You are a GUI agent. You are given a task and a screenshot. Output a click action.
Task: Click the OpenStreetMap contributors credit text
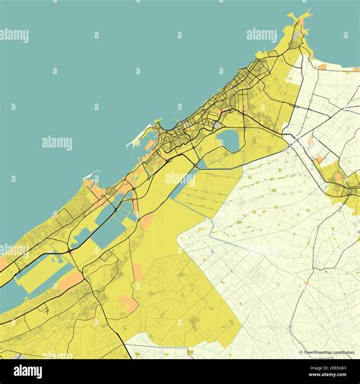point(330,352)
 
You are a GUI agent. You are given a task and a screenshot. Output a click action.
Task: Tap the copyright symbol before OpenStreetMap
point(301,352)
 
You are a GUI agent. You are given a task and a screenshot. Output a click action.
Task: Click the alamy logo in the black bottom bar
point(27,371)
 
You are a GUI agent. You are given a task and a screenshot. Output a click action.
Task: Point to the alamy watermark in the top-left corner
point(14,35)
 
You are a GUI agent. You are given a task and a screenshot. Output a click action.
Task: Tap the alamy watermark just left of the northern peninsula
point(262,35)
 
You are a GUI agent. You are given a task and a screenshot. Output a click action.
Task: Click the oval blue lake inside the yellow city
point(229,140)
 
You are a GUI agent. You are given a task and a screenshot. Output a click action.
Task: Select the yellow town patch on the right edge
point(346,186)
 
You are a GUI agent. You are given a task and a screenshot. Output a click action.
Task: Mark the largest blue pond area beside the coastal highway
point(106,220)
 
